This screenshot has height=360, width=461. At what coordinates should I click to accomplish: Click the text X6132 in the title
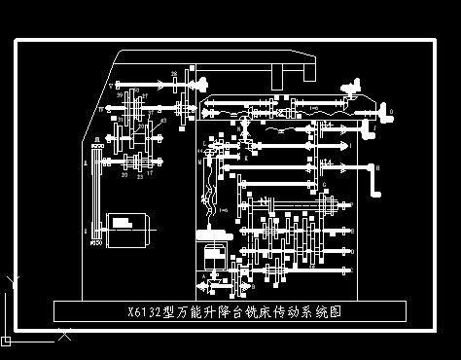146,313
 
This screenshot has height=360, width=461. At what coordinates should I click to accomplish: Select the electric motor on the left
125,227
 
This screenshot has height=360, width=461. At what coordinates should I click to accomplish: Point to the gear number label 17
150,173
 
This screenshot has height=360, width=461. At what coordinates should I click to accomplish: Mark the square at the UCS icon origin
6,341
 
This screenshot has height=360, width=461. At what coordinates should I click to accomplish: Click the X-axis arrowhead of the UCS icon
64,338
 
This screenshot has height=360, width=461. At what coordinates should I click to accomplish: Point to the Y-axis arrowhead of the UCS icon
11,281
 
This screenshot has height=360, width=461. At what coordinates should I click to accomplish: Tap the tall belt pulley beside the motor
94,195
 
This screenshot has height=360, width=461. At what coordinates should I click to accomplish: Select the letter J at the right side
374,126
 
